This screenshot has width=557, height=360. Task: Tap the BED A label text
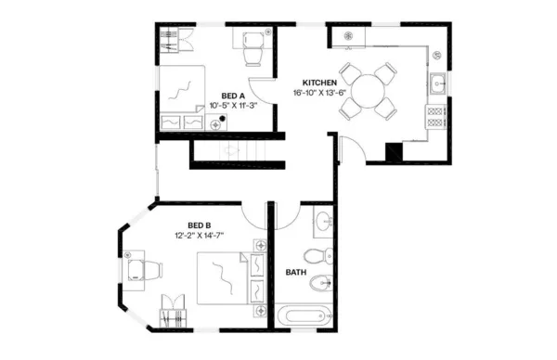pos(233,96)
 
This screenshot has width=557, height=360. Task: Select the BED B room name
pos(200,225)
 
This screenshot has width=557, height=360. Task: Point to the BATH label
pos(295,272)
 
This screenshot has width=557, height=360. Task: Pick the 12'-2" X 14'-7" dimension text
pos(200,236)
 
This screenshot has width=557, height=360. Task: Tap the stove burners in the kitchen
pos(434,117)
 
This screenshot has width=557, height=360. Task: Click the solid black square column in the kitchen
pos(393,151)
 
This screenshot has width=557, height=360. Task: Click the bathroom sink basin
pos(321,223)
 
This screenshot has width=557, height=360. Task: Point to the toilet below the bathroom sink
pos(317,255)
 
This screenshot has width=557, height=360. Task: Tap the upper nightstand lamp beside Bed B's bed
pos(261,245)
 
